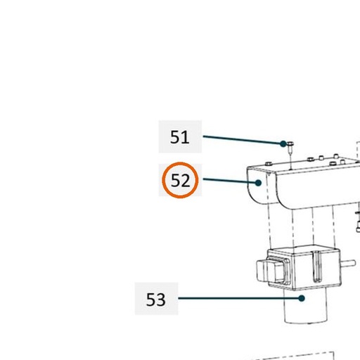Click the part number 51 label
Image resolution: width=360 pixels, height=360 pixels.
(x=180, y=137)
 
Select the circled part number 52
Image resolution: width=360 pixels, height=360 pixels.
(x=180, y=180)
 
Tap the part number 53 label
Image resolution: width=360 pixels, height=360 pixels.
(x=156, y=300)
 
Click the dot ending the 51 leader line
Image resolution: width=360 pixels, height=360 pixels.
(x=283, y=143)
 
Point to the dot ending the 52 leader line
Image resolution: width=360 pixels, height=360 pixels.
(x=258, y=183)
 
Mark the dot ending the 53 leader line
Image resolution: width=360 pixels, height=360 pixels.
(x=302, y=298)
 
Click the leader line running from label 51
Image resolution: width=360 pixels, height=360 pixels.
(x=243, y=140)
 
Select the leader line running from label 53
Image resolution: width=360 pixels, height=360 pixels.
(x=240, y=298)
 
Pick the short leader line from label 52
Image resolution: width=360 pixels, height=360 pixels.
(x=231, y=181)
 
